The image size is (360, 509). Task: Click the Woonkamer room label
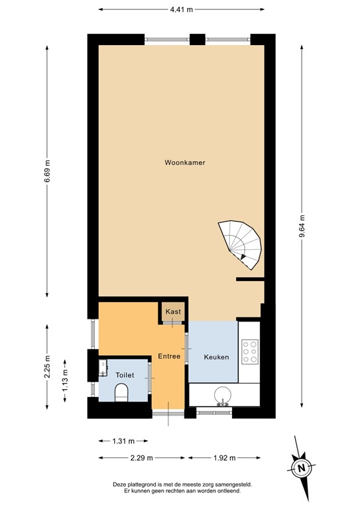click(185, 162)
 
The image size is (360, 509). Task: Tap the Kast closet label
click(173, 311)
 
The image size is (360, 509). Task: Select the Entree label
click(169, 356)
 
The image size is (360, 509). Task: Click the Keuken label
click(216, 357)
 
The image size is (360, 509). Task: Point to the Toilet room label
click(125, 375)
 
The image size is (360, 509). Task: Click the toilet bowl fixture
click(121, 392)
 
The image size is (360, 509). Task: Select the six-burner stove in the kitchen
click(250, 352)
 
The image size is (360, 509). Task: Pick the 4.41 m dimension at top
click(182, 9)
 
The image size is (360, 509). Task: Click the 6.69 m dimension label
click(47, 171)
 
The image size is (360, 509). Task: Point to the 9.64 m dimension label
click(302, 226)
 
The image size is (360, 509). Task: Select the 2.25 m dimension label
click(47, 367)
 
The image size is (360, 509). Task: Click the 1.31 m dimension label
click(123, 441)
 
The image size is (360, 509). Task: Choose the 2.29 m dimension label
click(141, 458)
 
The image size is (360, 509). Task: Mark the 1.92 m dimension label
click(225, 458)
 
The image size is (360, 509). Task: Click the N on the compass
click(302, 468)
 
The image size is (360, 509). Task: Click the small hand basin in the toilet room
click(103, 367)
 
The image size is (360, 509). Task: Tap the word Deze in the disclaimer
click(119, 484)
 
